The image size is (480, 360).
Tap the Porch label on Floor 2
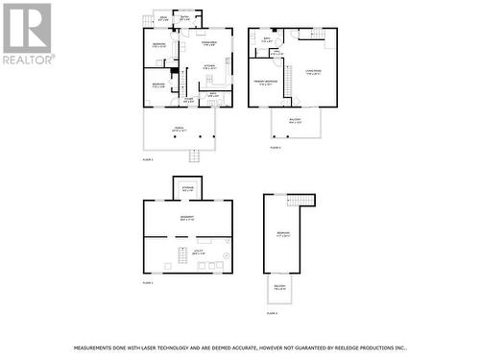click(x=180, y=129)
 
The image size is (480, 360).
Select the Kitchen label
click(x=208, y=67)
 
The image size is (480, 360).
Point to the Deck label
click(x=164, y=19)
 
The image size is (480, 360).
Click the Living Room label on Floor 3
click(x=313, y=72)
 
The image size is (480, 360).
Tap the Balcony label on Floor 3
click(x=296, y=121)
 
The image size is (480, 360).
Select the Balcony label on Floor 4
click(x=279, y=287)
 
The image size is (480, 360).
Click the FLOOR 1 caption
click(x=148, y=283)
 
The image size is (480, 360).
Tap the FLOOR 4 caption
click(x=272, y=313)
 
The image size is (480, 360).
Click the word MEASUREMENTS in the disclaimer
click(x=94, y=347)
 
